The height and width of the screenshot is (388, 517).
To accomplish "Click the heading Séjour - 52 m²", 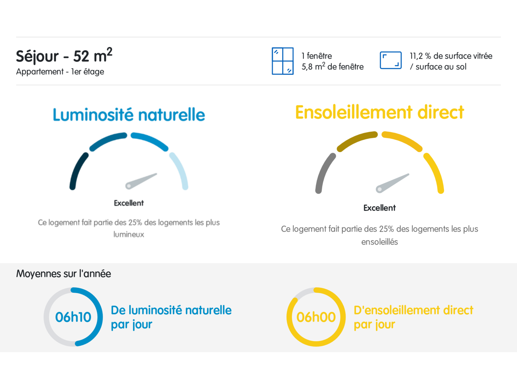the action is pos(64,56).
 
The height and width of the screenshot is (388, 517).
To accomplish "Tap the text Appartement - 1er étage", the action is pos(60,72).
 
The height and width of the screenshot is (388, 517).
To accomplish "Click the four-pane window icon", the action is pos(282,61).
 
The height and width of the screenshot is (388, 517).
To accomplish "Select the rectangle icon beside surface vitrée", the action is pos(391,60).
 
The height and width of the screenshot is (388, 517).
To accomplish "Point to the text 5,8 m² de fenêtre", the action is pos(333,66).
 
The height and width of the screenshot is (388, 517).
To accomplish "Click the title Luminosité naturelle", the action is pos(129,115).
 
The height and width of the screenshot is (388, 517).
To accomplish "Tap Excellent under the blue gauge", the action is pos(129,203).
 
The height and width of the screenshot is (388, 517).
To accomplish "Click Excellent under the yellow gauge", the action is pos(379,208).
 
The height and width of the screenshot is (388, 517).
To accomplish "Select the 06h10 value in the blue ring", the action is pos(73,317).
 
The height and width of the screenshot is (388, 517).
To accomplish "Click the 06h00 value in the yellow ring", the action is pos(316,317).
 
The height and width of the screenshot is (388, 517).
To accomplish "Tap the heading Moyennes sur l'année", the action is pos(64,274).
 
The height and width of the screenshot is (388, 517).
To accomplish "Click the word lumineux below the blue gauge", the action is pos(129,234).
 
